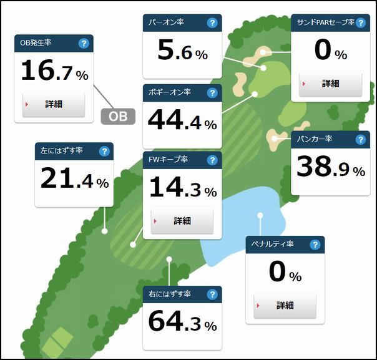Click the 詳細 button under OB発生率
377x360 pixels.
[x=53, y=104]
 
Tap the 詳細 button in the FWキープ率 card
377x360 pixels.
[x=182, y=221]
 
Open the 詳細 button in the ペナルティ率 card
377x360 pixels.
[x=285, y=306]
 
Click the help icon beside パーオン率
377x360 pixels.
[x=212, y=23]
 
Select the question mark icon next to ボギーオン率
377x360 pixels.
[x=212, y=93]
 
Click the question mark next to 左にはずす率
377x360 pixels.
[x=104, y=151]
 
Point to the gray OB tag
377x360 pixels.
[x=118, y=116]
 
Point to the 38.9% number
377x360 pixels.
[x=330, y=167]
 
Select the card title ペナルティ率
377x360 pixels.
[x=273, y=244]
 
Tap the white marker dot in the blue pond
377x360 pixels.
[x=260, y=216]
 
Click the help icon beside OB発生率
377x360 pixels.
[x=84, y=43]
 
